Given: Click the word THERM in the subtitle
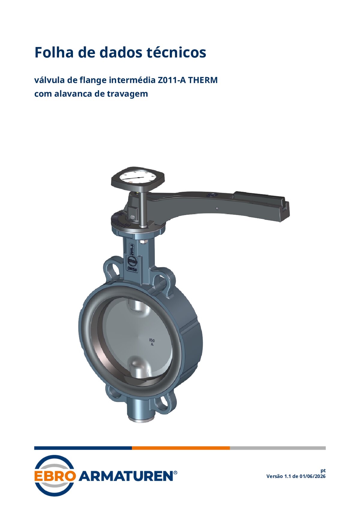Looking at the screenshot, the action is tap(202, 80).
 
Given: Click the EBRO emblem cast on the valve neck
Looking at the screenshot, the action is tap(132, 262).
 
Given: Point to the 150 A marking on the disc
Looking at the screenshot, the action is tap(152, 342).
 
